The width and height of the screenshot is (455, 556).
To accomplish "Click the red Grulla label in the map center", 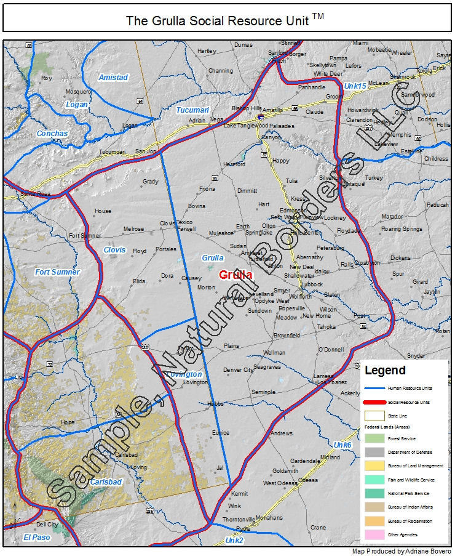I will coord(235,275).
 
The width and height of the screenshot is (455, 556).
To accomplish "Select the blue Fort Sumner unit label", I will coord(57,272).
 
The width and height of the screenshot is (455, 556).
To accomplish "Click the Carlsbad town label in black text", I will coord(125,455).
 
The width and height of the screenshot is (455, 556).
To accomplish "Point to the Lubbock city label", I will coord(312,284).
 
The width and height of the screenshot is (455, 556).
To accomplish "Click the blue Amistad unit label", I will coord(113,78).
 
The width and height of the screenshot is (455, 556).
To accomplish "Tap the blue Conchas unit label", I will coord(52,134).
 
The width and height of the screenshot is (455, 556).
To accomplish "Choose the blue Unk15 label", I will coord(355,85).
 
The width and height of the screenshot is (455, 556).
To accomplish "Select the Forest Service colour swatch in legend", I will coord(374,438).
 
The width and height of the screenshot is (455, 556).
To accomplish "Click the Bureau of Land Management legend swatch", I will coord(374,466).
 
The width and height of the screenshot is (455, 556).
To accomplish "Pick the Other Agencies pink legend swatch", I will coord(374,534).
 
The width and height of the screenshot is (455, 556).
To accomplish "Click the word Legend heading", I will coord(385,371).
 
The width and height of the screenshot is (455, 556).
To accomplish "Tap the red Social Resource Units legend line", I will coord(374,402).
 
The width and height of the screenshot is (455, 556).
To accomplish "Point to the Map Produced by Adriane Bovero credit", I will coord(401,551).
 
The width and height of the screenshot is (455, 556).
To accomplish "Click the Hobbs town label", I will coord(215,404).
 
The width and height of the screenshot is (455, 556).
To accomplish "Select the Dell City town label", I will coord(47,525).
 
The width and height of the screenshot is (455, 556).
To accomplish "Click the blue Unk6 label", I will coord(342,445).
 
